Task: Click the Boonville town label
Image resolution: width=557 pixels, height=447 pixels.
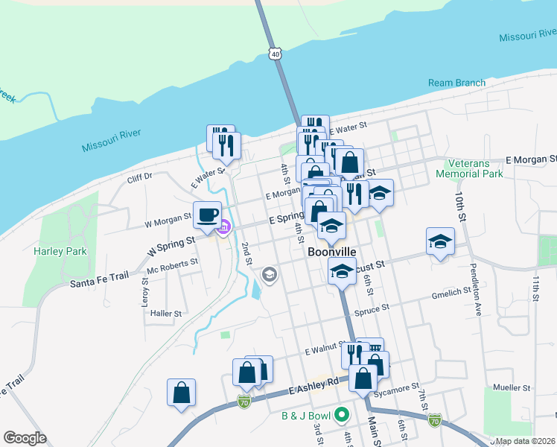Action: click(x=332, y=253)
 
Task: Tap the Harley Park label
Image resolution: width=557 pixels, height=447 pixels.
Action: click(x=60, y=251)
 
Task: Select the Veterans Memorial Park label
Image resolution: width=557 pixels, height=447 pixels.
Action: click(x=475, y=168)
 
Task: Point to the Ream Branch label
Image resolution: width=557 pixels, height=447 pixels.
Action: click(x=456, y=83)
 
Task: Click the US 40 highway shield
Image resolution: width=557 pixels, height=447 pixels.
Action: click(x=276, y=54)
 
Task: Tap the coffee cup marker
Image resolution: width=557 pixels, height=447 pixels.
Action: click(x=207, y=215)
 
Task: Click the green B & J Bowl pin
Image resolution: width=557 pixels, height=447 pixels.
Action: click(x=342, y=414)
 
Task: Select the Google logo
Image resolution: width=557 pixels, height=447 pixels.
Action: click(x=25, y=438)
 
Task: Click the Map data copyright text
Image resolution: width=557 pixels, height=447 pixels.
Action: click(x=526, y=441)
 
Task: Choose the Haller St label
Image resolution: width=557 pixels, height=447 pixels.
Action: click(x=166, y=314)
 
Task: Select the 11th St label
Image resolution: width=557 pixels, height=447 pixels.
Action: click(x=535, y=288)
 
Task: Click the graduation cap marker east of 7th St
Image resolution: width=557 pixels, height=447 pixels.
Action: click(x=441, y=241)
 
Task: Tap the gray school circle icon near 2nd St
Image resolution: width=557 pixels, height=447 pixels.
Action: click(x=269, y=276)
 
